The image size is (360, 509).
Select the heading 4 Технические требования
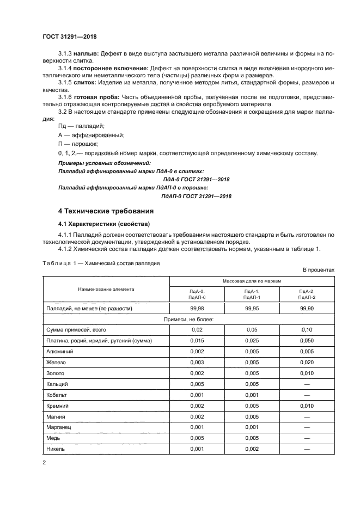(106, 211)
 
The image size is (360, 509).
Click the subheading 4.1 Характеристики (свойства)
(102, 224)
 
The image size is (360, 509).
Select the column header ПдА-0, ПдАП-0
(197, 295)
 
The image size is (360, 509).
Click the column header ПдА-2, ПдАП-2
(307, 295)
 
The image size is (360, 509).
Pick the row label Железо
(57, 361)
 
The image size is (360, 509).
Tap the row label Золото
(56, 373)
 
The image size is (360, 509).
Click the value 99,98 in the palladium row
(197, 308)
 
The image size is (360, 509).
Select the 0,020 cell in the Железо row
(307, 361)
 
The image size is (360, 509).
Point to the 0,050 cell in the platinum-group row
(307, 340)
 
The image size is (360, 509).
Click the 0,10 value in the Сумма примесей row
(307, 330)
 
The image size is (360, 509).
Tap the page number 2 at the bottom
(44, 462)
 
